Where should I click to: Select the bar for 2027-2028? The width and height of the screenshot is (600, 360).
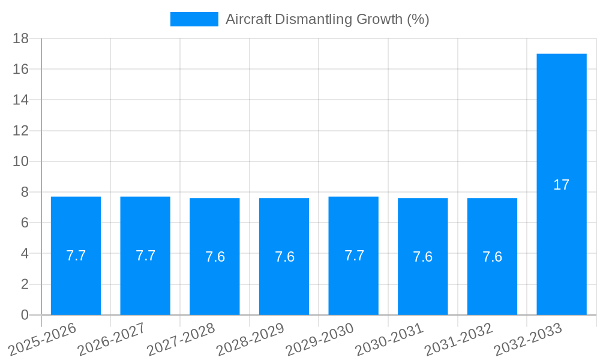(x=215, y=282)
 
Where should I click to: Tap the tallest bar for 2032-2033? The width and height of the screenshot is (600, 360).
(x=561, y=120)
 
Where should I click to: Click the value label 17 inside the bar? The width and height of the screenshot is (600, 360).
(x=561, y=185)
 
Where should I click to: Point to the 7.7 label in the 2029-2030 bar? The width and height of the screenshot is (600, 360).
(x=354, y=256)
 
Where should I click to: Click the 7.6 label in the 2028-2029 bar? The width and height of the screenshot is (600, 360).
(x=284, y=257)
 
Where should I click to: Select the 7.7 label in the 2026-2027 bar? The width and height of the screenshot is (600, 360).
(x=145, y=256)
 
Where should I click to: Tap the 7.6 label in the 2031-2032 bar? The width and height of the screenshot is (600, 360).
(x=492, y=257)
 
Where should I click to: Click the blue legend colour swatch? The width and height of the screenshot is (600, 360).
(x=194, y=19)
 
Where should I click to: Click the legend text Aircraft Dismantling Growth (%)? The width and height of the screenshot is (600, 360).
(x=327, y=19)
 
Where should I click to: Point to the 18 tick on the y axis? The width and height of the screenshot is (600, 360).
(x=20, y=38)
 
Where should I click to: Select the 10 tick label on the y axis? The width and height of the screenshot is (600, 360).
(x=20, y=161)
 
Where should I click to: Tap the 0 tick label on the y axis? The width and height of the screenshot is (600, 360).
(x=25, y=315)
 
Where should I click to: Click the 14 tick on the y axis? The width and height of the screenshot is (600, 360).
(x=20, y=100)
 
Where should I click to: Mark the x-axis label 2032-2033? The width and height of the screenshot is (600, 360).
(x=529, y=339)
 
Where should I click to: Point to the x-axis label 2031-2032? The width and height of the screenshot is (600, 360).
(x=459, y=339)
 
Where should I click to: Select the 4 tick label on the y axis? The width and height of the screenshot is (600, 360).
(x=25, y=254)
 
